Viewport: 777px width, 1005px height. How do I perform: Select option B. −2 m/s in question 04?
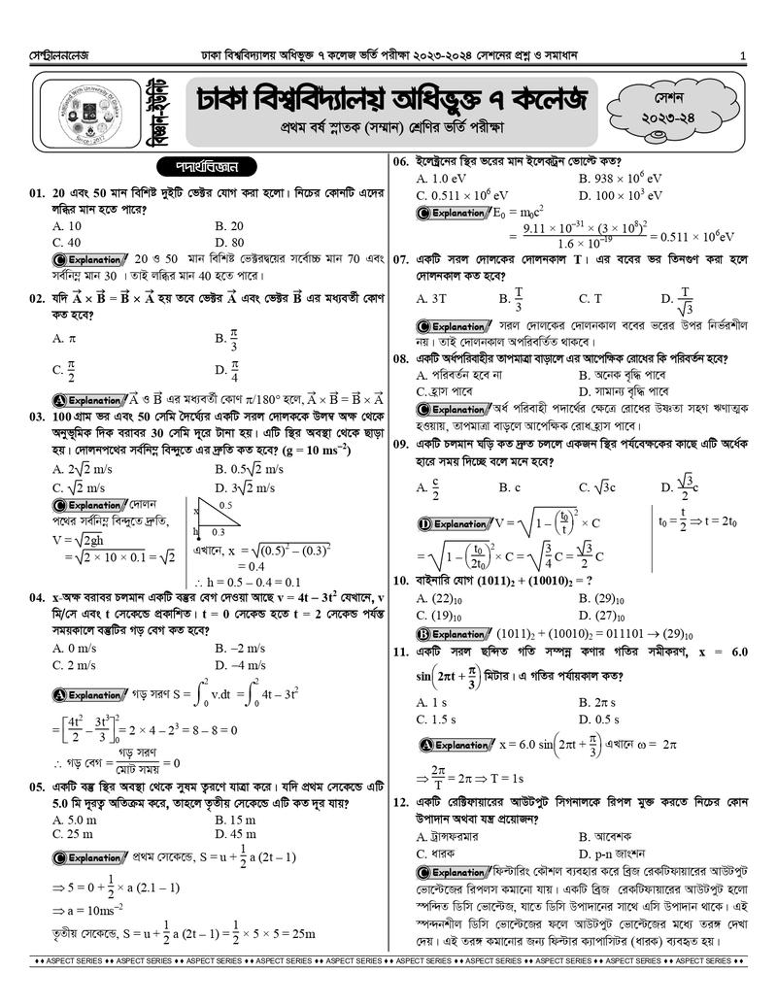pos(240,647)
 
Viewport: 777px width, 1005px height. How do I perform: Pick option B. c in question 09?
pos(510,486)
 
